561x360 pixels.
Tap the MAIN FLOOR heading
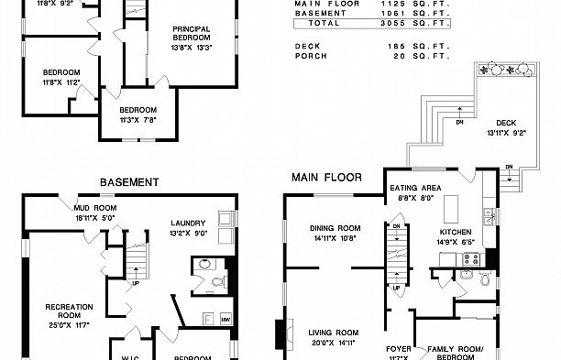click(326, 177)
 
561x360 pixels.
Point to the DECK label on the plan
click(505, 123)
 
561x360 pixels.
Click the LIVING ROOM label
click(332, 333)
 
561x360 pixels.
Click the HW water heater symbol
click(225, 319)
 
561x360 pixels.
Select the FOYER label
click(398, 349)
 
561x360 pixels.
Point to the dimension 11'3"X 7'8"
click(138, 119)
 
